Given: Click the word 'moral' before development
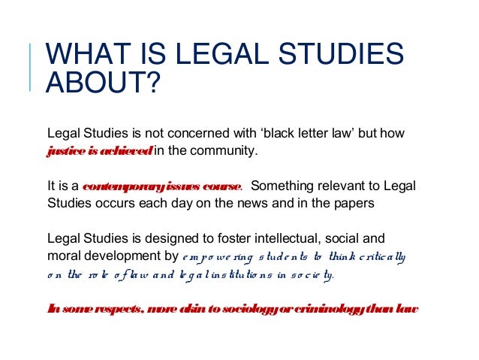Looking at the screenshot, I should (63, 256).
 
